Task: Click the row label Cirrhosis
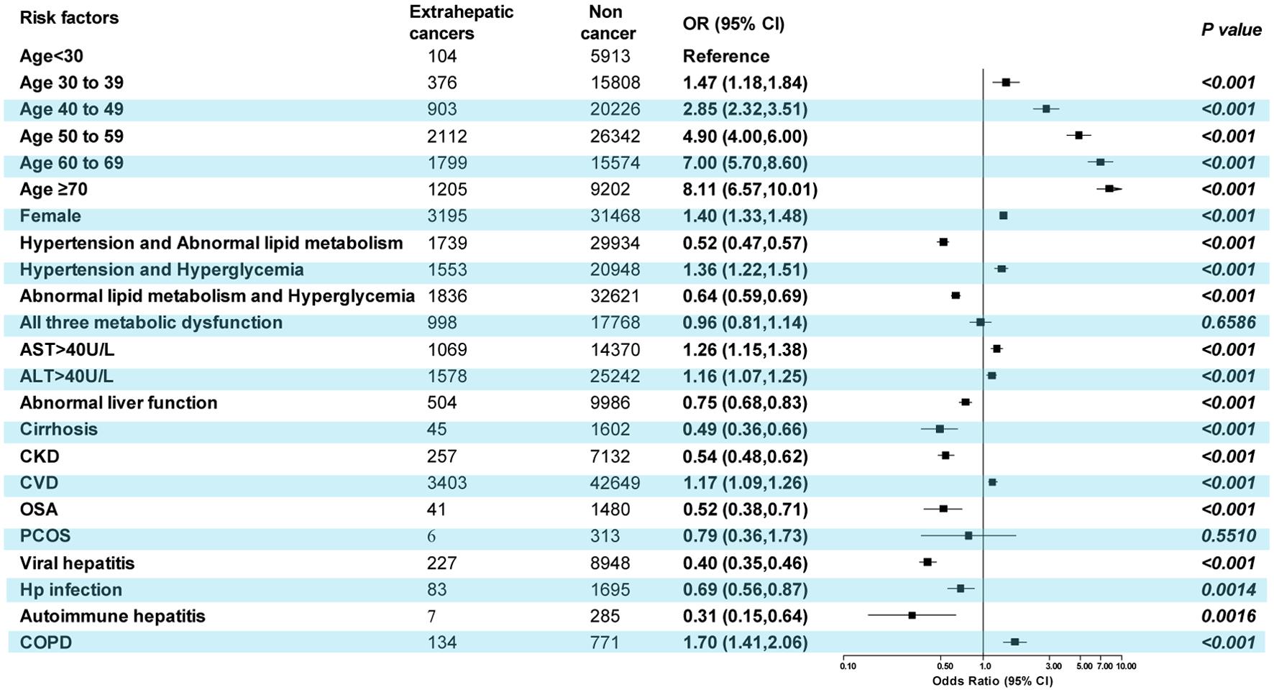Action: point(58,430)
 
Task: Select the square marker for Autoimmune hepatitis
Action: point(912,615)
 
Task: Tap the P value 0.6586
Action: point(1228,323)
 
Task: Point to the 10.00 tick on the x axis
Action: point(1126,666)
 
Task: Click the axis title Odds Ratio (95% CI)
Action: point(991,681)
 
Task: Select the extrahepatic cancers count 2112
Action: point(446,137)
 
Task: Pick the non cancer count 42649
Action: point(615,483)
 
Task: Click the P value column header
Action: point(1231,29)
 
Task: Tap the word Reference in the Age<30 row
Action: point(725,56)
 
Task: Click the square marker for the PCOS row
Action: point(968,535)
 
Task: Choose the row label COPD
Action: point(45,642)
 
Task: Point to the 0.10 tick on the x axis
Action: point(848,666)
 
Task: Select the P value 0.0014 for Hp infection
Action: point(1228,590)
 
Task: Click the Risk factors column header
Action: point(69,18)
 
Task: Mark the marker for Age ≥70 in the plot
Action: point(1109,188)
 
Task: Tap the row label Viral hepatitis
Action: point(77,563)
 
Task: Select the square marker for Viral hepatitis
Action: point(927,562)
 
